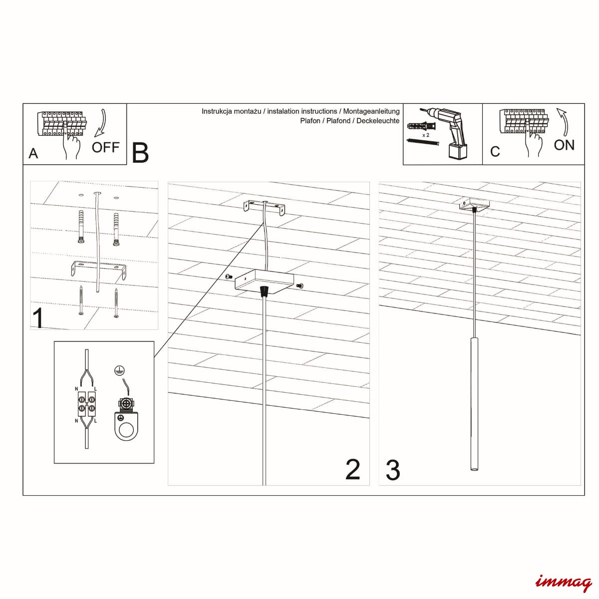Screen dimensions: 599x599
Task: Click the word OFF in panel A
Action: click(105, 147)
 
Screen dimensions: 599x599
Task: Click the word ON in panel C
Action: click(564, 145)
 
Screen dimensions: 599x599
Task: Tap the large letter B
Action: click(140, 153)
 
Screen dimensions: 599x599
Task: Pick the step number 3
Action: click(393, 470)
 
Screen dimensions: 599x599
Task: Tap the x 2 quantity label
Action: click(426, 135)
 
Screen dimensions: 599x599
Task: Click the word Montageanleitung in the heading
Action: click(371, 111)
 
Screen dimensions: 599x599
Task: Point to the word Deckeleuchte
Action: click(378, 121)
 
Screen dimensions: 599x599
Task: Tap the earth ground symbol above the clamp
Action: click(118, 369)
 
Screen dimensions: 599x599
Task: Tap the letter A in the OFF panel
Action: click(33, 153)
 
